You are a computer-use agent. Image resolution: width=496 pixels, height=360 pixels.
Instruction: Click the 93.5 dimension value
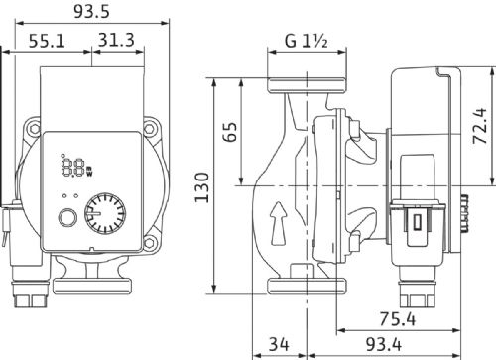[91, 12]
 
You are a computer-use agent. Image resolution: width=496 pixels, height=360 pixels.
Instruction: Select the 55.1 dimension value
[47, 41]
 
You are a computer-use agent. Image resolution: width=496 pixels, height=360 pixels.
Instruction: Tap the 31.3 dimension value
[116, 40]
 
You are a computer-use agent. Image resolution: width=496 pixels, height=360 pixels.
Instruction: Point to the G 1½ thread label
[307, 41]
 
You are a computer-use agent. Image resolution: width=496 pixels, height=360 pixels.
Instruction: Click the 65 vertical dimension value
[230, 132]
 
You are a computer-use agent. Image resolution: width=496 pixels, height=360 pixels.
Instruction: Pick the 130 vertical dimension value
[202, 187]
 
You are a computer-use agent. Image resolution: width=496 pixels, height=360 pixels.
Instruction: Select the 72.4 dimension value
[480, 126]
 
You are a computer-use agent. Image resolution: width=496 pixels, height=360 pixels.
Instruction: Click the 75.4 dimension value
[397, 319]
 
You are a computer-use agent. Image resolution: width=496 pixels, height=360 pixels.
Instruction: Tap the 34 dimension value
[279, 344]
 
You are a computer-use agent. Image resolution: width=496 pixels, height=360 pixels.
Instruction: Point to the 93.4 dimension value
[384, 344]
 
